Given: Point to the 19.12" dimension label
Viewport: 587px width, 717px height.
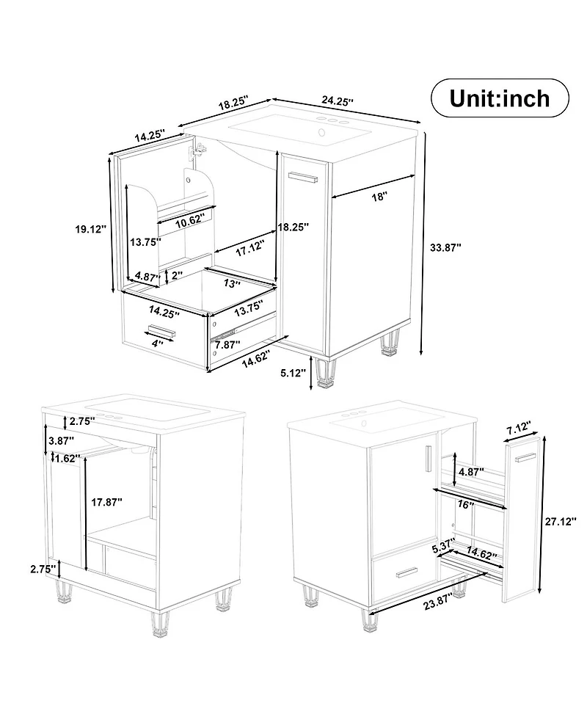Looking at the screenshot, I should click(90, 230).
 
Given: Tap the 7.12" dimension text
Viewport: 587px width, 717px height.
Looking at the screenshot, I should click(518, 426).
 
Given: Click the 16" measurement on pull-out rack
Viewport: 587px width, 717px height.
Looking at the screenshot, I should click(464, 506).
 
